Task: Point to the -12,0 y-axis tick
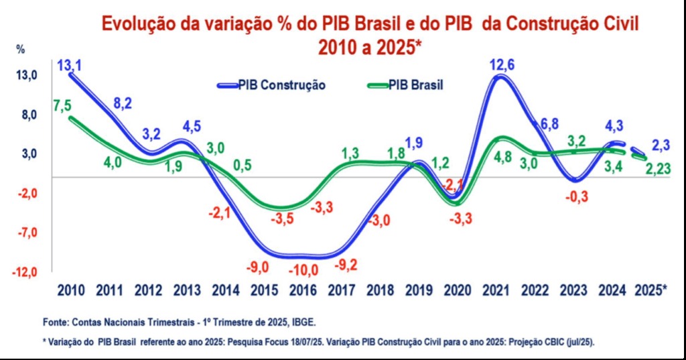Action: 25,272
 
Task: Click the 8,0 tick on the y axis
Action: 27,115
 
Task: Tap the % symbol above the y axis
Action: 21,49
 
